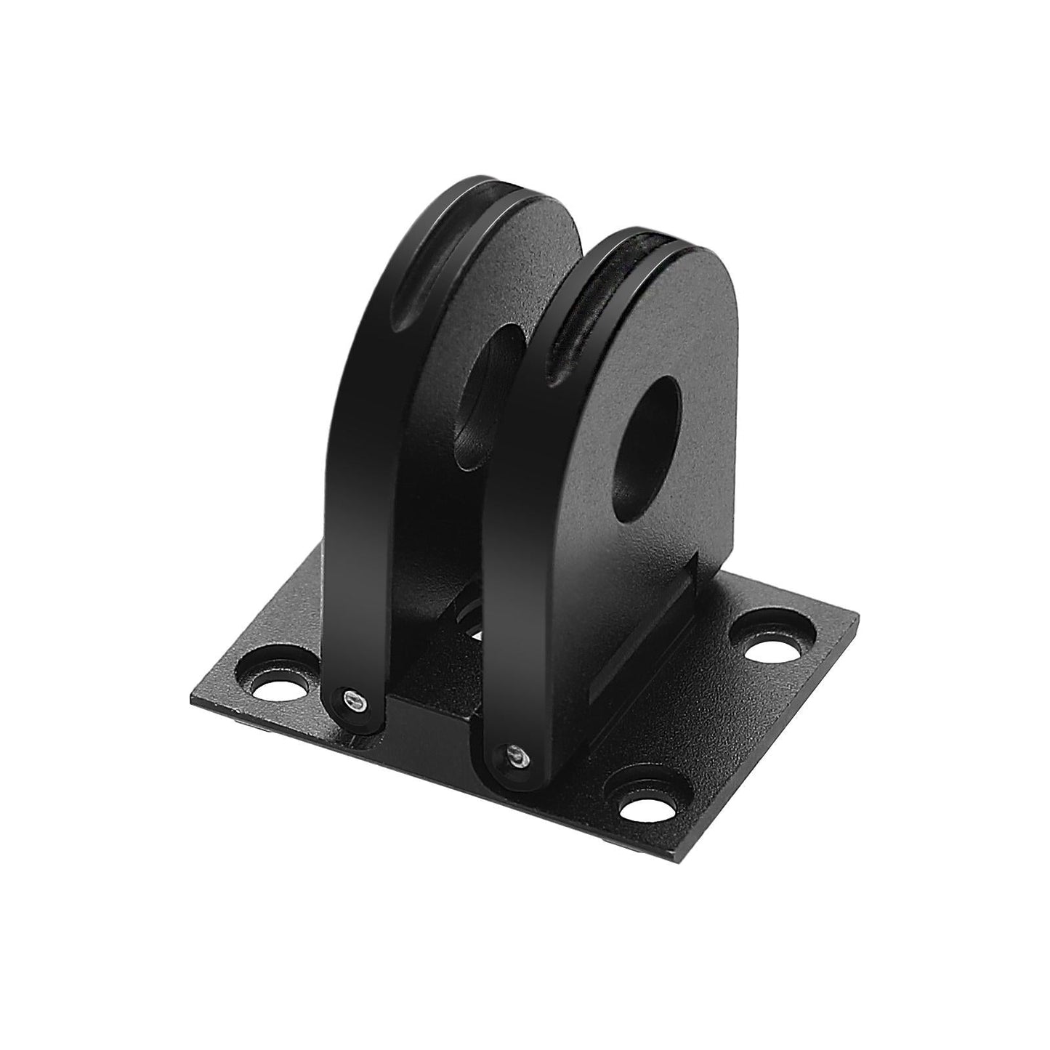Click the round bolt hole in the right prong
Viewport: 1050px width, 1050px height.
646,436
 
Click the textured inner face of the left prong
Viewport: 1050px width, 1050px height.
523,276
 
